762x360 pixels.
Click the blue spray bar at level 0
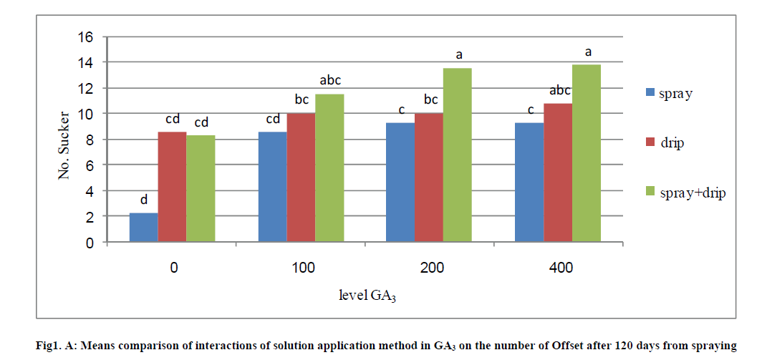click(143, 228)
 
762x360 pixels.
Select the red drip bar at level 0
click(172, 188)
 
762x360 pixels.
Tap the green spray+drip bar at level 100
click(329, 168)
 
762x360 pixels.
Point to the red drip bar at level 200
click(429, 177)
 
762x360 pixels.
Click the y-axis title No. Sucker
click(65, 145)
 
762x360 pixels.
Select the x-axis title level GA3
click(368, 296)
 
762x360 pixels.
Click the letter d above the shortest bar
click(143, 200)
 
